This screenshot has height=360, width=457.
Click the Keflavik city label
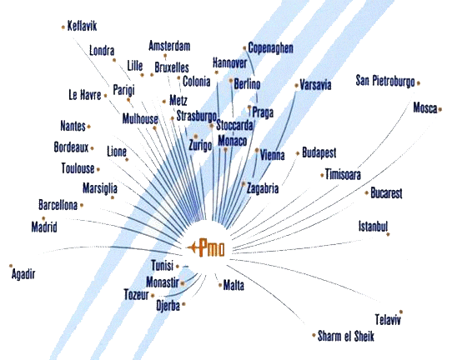pos(82,26)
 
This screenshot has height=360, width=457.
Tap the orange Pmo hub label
pos(212,247)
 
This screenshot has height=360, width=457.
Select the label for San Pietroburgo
pos(385,81)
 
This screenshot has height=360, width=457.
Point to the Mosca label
pos(425,108)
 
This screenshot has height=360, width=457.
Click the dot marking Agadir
pos(11,266)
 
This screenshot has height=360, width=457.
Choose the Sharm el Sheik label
pos(345,336)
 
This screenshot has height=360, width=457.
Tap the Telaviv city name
pos(388,319)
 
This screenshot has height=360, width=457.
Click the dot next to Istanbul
pos(388,234)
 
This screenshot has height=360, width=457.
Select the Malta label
pos(234,285)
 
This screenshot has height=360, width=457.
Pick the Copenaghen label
pos(270,48)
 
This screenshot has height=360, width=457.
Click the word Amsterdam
pos(169,46)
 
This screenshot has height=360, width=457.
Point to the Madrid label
pos(44,227)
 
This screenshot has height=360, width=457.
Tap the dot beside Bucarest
pos(367,192)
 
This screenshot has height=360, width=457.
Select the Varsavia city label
pos(315,85)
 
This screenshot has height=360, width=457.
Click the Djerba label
pos(168,306)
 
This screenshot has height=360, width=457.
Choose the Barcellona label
pos(58,205)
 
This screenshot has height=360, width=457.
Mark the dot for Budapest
pos(298,153)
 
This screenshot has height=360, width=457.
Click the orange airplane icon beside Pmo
pos(193,247)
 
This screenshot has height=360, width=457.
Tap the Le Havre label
pos(85,95)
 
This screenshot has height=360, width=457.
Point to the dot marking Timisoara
pos(322,175)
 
